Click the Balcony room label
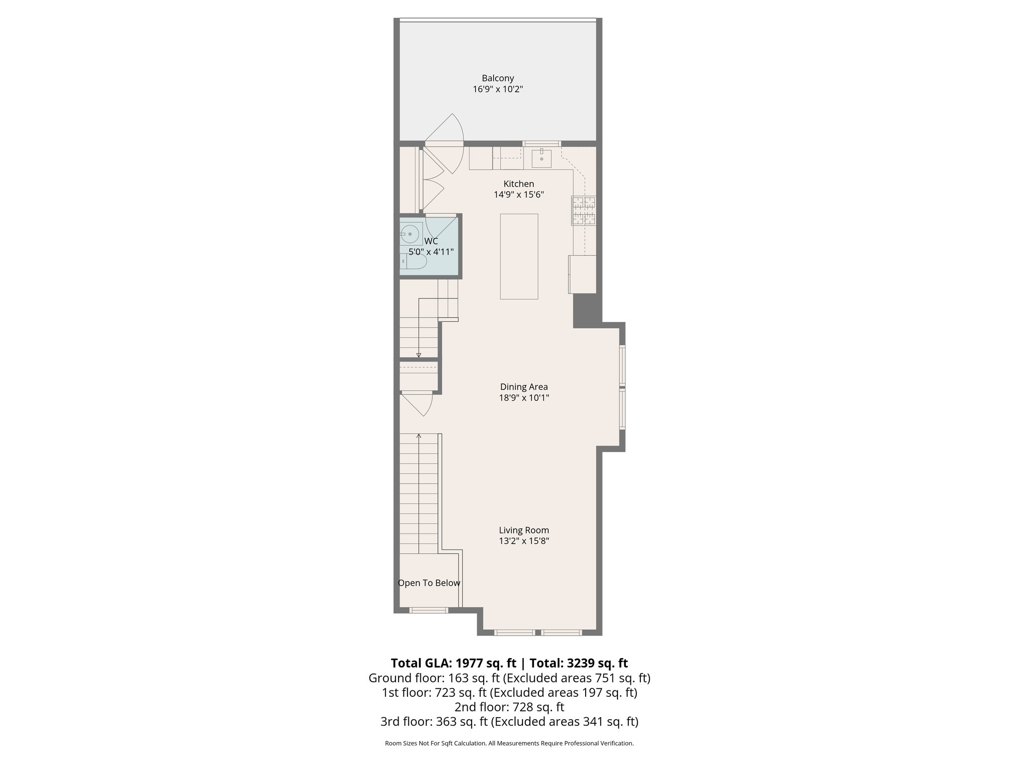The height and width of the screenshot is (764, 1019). point(498,78)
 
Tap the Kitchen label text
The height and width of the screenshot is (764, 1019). point(518,184)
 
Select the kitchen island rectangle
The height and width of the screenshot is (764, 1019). point(519,256)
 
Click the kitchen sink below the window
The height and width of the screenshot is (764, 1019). point(541,158)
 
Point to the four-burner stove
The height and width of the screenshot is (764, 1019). point(583,210)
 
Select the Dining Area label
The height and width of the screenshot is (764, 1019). point(523,386)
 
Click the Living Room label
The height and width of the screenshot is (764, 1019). point(523,530)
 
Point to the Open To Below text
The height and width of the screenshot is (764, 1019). point(429,583)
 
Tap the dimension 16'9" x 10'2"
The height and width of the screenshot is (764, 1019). point(498,90)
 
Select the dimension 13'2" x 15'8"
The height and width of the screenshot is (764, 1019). point(523,541)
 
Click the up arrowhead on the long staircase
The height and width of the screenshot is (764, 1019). point(418,436)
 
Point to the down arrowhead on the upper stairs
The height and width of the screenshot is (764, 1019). point(418,355)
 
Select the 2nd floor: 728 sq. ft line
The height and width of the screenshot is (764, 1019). point(509,707)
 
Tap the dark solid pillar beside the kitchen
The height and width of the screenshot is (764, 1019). point(585,311)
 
